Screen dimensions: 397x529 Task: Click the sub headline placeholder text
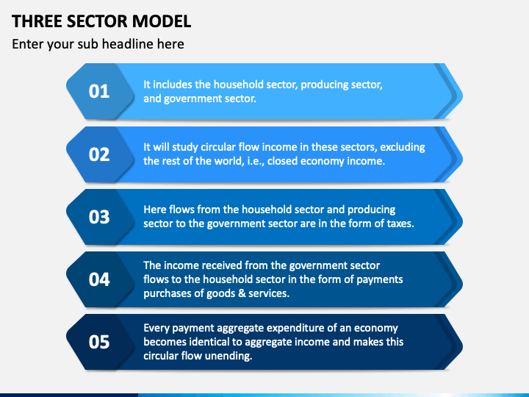(98, 44)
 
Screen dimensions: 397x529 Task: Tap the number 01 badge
(99, 91)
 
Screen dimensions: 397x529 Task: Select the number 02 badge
(99, 154)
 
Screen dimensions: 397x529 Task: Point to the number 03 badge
(99, 217)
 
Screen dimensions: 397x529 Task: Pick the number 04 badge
(99, 279)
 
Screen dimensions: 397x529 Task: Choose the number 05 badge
(99, 342)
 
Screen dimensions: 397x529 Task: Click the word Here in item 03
(155, 210)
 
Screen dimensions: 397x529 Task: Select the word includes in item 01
(173, 85)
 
